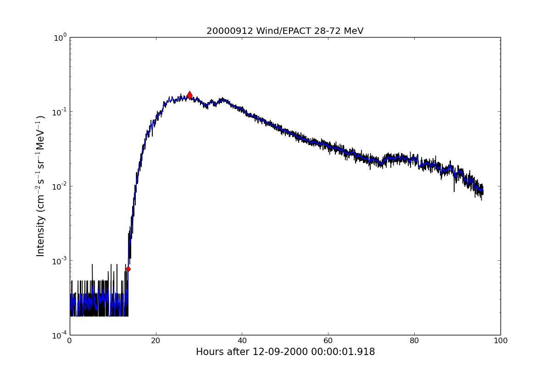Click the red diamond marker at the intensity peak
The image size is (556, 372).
tap(189, 95)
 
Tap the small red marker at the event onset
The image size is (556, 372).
tap(128, 269)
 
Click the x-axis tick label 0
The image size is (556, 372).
tap(70, 341)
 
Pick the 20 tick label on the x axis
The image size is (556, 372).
tap(156, 341)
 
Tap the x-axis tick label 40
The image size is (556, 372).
tap(242, 341)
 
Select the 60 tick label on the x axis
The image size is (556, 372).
tap(328, 341)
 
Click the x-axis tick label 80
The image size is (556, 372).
tap(414, 341)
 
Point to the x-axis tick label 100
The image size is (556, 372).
tap(500, 341)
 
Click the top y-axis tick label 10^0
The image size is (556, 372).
tap(60, 37)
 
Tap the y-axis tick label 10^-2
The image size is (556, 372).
tap(59, 186)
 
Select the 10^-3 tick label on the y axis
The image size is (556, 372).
tap(59, 260)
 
